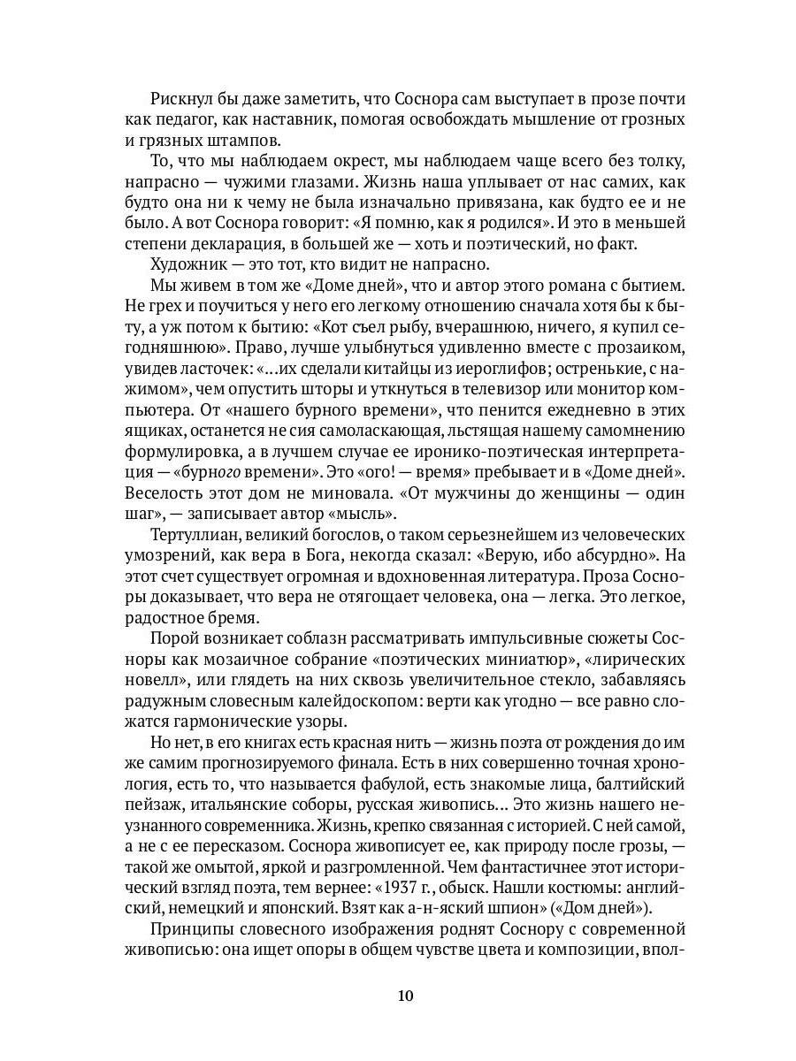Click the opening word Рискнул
click(x=182, y=100)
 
